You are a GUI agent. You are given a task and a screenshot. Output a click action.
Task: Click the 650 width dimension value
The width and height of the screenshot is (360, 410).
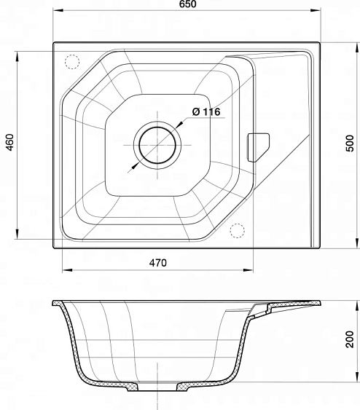pos(188,4)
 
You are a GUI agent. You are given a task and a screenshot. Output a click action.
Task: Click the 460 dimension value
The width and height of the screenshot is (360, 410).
pos(10,142)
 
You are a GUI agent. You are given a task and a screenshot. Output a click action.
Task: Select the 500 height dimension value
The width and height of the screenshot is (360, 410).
pos(350,143)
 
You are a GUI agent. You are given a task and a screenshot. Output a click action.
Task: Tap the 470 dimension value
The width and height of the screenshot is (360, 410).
pos(157,262)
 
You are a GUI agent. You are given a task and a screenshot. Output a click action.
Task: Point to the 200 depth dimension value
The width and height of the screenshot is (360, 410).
pos(350,339)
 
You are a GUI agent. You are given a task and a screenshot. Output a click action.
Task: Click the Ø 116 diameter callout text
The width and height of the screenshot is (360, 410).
pos(206,112)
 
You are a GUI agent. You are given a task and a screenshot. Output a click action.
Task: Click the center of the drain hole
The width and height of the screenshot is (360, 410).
pos(157,145)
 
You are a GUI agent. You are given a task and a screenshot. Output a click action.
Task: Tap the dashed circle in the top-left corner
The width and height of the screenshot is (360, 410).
pos(72,62)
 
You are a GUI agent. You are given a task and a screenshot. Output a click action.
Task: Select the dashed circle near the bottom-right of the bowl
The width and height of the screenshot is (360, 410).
pos(238,231)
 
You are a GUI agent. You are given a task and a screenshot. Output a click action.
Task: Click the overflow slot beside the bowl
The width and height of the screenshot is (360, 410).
pos(258,148)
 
